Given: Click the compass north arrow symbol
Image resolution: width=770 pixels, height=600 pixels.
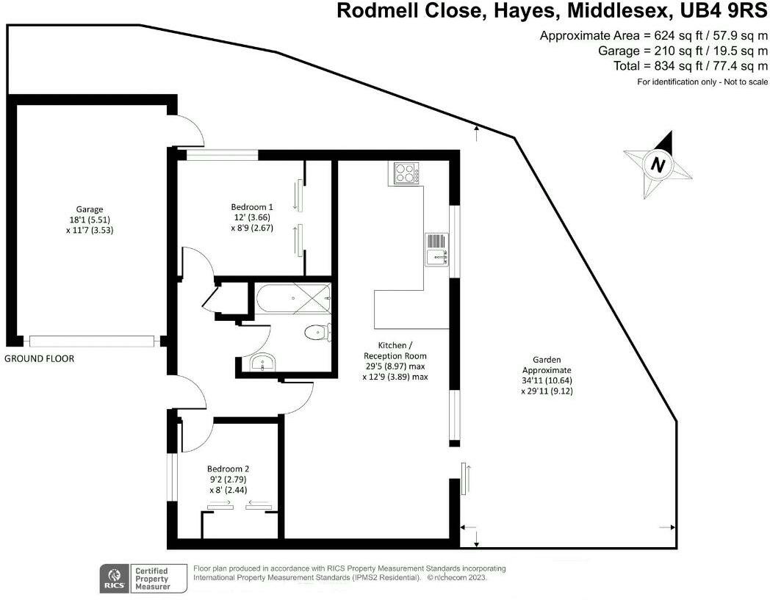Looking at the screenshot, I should click(658, 165).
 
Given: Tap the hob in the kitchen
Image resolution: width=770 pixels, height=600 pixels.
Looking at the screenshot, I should click(405, 174).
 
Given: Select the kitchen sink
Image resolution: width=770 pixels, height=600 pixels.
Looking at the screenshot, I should click(438, 249).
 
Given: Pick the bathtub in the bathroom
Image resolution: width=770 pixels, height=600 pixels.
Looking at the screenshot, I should click(293, 299).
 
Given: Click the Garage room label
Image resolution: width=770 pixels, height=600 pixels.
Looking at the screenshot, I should click(90, 219).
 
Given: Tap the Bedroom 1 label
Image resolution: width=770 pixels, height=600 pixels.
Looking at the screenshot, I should click(245, 217).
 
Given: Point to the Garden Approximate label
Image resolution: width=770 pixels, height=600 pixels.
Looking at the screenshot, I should click(547, 375).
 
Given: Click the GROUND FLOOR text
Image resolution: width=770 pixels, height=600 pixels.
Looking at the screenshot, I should click(39, 359).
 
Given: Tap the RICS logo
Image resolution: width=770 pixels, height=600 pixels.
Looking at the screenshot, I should click(115, 579).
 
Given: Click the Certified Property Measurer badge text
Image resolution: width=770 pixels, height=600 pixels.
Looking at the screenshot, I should click(151, 579).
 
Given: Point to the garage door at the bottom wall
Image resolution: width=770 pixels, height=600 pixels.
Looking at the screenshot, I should click(92, 341).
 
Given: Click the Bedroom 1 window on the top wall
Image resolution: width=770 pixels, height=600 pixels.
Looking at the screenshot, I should click(221, 154).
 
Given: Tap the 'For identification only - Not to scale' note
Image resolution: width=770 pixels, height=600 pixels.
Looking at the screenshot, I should click(702, 82).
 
